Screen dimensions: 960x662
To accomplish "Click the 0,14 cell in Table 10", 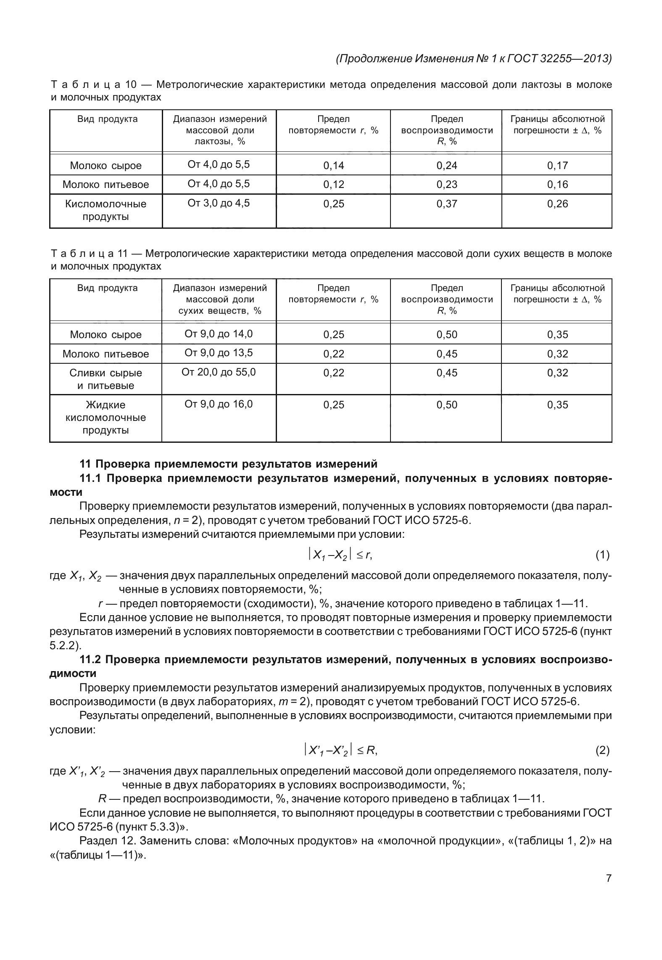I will click(333, 166).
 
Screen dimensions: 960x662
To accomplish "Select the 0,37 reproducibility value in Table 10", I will click(446, 204).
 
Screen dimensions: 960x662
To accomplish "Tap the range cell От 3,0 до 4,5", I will click(219, 204).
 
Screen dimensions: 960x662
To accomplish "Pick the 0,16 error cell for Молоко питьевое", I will click(557, 185).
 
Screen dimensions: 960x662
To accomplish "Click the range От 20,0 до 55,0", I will click(219, 373).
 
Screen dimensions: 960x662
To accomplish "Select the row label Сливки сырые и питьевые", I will click(105, 379).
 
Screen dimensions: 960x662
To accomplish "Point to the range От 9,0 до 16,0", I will click(219, 405).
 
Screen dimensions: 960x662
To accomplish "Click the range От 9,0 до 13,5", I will click(219, 353).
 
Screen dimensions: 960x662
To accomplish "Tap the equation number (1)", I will click(602, 555).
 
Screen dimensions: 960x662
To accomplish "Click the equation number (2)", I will click(602, 750).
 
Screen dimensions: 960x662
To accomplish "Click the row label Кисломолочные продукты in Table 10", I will click(105, 210).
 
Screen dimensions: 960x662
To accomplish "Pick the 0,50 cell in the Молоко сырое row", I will click(446, 335).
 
